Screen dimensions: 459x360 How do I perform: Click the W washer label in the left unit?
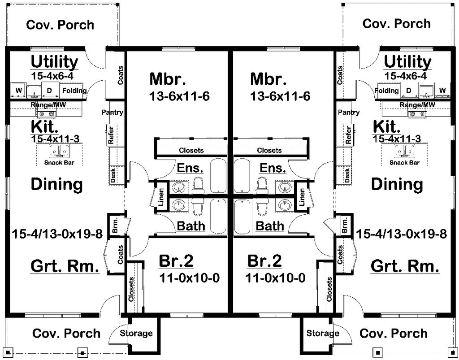19,91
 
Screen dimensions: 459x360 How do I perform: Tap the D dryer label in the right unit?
409,91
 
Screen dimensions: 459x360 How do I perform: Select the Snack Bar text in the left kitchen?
60,162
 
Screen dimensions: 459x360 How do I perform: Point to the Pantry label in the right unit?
349,113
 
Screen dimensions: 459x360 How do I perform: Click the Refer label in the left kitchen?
111,134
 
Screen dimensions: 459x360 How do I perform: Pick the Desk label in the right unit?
347,175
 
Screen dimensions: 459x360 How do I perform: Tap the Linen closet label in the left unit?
161,196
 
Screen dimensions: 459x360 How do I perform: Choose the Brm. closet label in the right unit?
345,225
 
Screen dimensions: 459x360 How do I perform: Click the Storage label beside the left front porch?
136,333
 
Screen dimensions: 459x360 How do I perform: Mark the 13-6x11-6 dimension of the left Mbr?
179,96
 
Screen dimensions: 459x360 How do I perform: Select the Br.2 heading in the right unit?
264,261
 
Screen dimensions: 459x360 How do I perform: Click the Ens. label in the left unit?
190,168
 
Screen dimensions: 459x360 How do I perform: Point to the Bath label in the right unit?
270,226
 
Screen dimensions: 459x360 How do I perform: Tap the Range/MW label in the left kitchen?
48,104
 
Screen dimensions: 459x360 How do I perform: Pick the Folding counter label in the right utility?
387,91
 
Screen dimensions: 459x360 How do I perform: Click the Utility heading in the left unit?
54,62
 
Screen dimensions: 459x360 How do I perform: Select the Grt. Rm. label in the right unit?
405,266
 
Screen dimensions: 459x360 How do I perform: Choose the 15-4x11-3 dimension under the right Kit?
397,139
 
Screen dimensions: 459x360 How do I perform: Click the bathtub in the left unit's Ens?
219,176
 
